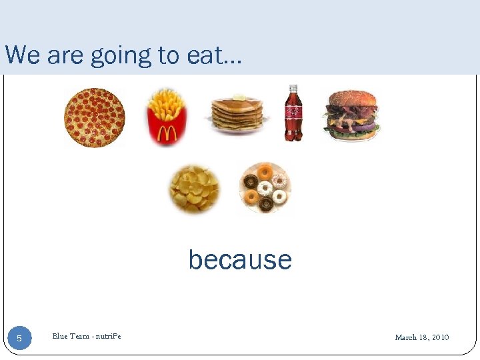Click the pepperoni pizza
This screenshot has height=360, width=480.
pos(94,118)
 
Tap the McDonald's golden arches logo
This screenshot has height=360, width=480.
pos(167,133)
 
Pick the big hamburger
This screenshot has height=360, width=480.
pos(352,117)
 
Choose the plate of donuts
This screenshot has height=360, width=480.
pos(265,187)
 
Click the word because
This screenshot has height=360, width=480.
pos(240,259)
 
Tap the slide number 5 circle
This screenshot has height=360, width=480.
pos(19,339)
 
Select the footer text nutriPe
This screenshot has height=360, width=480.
pos(109,336)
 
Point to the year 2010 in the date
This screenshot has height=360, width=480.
pos(440,337)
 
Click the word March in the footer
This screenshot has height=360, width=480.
pos(406,337)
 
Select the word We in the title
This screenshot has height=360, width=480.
pos(22,55)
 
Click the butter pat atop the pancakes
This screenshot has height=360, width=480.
pos(238,97)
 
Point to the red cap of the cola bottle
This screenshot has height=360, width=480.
pos(293,87)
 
